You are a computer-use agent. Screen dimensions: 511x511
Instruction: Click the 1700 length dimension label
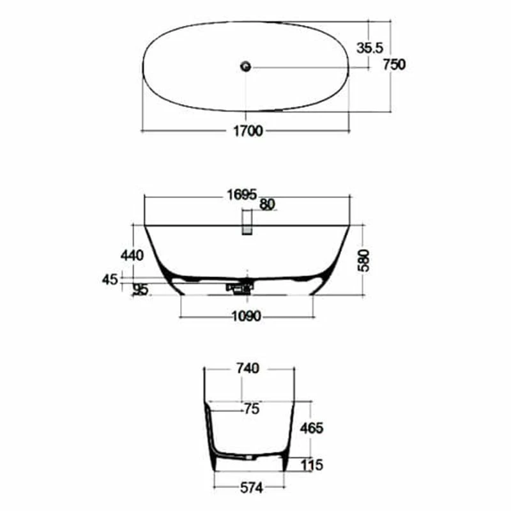(248, 131)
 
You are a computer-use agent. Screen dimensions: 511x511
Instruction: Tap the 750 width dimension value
(394, 65)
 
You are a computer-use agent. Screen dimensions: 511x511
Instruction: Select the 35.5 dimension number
(370, 48)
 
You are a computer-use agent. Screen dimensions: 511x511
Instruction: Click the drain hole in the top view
(246, 66)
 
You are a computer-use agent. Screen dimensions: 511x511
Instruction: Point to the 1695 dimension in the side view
(242, 195)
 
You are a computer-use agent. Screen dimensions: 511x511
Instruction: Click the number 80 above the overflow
(267, 204)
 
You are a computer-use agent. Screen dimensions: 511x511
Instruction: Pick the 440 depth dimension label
(132, 255)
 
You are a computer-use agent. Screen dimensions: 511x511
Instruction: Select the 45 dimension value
(109, 280)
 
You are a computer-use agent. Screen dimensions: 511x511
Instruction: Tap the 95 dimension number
(141, 289)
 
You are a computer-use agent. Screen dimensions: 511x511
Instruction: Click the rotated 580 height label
(363, 261)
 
